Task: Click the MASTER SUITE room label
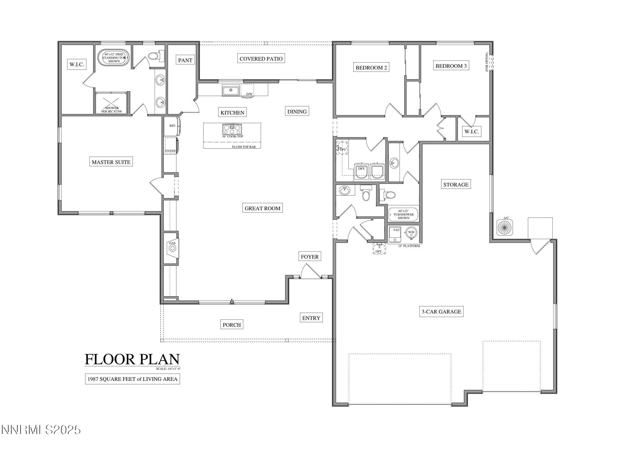[x=111, y=162]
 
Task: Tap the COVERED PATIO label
[x=261, y=59]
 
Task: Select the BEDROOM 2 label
[x=371, y=68]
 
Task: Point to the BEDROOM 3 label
[x=451, y=66]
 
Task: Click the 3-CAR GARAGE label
[x=441, y=311]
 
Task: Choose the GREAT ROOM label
[x=262, y=208]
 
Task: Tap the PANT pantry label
[x=185, y=60]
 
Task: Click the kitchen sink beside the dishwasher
[x=231, y=90]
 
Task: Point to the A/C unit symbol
[x=505, y=227]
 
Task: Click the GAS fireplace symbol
[x=172, y=248]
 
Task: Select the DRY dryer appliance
[x=361, y=171]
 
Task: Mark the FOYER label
[x=310, y=257]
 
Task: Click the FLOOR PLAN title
[x=132, y=359]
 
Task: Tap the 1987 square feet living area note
[x=132, y=379]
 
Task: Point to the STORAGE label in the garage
[x=456, y=185]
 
